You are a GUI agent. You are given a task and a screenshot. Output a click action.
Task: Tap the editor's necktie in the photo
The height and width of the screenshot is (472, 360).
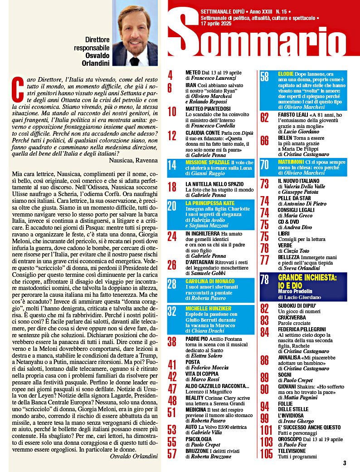(x=135, y=61)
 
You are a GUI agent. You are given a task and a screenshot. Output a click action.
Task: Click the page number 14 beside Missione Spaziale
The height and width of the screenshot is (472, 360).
(x=172, y=166)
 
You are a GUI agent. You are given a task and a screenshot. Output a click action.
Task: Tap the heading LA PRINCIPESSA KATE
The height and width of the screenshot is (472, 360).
(x=210, y=204)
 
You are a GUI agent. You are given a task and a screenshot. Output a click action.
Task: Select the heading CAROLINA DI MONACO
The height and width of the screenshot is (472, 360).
(x=210, y=281)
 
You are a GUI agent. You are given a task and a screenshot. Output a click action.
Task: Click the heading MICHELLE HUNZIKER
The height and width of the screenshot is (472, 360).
(x=209, y=309)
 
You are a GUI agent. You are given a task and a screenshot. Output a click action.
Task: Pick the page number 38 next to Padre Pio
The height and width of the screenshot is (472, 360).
(x=172, y=342)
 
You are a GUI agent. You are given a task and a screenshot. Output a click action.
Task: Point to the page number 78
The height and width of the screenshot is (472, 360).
(x=265, y=280)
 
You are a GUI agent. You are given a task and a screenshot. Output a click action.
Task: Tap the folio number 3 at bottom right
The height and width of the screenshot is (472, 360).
(x=345, y=463)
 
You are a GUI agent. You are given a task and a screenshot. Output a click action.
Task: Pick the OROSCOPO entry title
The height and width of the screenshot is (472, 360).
(x=292, y=440)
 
